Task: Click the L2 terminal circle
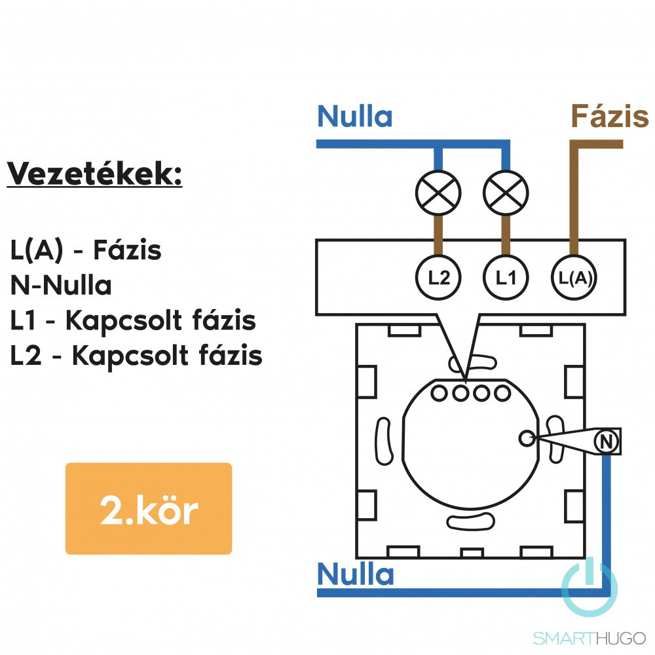438,278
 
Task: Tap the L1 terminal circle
505,278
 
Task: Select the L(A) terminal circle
573,278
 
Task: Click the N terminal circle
607,442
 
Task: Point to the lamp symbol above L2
438,193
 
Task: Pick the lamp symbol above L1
505,193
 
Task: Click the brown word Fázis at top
609,117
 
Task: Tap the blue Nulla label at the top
354,117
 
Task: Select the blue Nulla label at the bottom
355,574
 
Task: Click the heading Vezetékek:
95,175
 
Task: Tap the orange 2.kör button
149,509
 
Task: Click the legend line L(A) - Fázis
86,250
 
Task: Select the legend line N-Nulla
61,286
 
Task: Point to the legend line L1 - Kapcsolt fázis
133,321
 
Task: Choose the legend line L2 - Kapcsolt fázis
136,356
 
